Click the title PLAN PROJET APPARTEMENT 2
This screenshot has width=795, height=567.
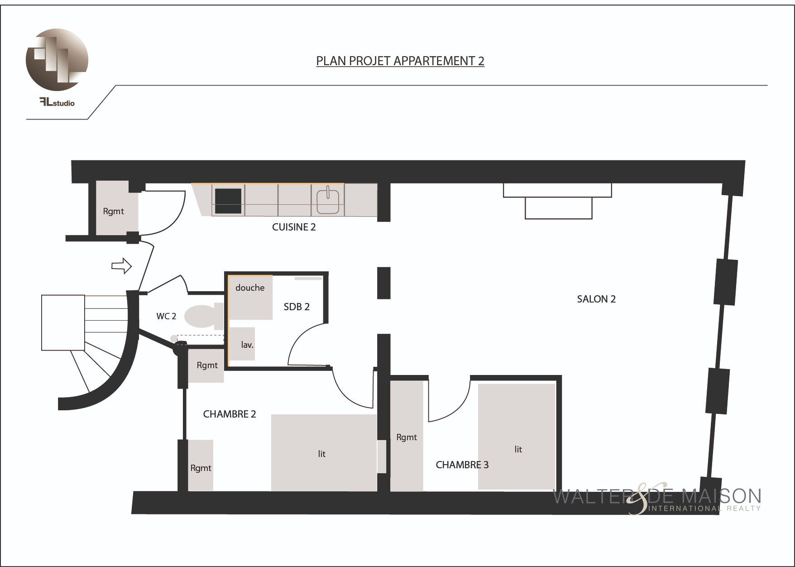click(x=400, y=61)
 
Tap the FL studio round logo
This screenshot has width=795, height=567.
click(x=57, y=59)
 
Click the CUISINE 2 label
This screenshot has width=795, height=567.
click(x=294, y=227)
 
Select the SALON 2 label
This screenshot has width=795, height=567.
click(x=596, y=299)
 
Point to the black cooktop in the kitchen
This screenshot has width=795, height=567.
click(x=228, y=201)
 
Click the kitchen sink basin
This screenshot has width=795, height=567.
click(x=328, y=201)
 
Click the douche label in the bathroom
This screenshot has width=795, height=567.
click(x=250, y=288)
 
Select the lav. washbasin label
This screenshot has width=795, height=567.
click(x=247, y=345)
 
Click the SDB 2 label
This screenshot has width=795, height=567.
click(x=297, y=307)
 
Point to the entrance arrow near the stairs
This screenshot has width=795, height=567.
click(x=121, y=266)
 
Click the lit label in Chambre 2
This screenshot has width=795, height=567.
click(x=321, y=454)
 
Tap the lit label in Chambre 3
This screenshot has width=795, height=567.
click(x=518, y=449)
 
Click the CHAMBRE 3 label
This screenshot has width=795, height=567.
click(x=462, y=465)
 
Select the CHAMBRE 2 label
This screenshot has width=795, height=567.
click(x=230, y=414)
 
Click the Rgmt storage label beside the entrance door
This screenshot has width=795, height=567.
click(x=113, y=211)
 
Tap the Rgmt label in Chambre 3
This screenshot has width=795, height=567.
click(x=407, y=437)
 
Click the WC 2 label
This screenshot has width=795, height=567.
click(x=166, y=316)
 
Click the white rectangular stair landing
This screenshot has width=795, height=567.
click(x=63, y=322)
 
